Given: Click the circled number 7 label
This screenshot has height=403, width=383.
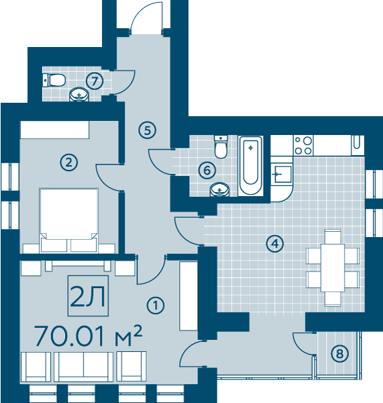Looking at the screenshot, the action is [x=95, y=81].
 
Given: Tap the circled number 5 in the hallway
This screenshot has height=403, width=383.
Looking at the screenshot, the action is [x=147, y=130].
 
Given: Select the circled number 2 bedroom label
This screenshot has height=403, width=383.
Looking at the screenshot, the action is [x=69, y=163].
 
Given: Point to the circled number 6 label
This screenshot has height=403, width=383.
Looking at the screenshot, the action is [x=207, y=170].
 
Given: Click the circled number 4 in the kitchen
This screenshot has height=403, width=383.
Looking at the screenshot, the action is [x=275, y=243].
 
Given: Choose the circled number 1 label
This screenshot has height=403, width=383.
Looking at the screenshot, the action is [x=156, y=306].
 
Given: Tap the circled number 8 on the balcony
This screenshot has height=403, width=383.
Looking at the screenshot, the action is [x=339, y=353].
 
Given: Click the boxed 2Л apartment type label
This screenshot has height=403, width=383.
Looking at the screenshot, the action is [x=88, y=296].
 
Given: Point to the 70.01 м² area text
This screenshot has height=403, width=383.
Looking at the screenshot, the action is [x=88, y=336].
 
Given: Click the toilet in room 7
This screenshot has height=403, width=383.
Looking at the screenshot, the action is [x=54, y=80].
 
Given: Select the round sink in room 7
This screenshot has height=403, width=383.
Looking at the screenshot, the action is [x=78, y=95].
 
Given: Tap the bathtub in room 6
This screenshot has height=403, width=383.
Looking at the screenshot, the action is [x=251, y=166].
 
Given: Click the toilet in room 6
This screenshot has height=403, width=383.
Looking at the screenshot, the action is [x=221, y=146].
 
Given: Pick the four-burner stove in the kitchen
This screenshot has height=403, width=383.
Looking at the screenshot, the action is [x=303, y=146].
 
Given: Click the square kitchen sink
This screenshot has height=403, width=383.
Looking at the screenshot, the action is [x=283, y=174].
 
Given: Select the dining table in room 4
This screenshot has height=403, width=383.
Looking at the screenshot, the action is [x=333, y=267].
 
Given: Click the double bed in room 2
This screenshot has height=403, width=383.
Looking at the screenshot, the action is [x=69, y=220].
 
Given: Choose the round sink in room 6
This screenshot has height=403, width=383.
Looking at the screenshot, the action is [x=219, y=189].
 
